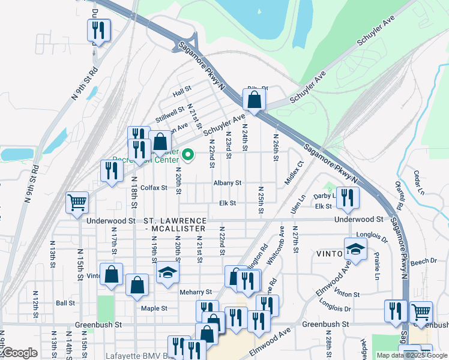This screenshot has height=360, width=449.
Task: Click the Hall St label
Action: click(x=181, y=94)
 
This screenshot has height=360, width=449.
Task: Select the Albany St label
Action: click(x=227, y=183)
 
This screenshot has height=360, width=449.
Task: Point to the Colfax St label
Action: click(x=154, y=188)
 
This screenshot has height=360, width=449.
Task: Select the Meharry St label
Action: click(x=196, y=292)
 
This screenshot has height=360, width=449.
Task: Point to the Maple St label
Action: click(x=154, y=308)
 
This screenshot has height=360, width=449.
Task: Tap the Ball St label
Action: click(x=65, y=304)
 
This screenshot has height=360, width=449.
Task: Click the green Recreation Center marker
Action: click(x=188, y=156)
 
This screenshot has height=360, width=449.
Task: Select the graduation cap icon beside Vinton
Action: click(x=355, y=248)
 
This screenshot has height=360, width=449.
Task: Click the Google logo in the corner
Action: click(x=19, y=353)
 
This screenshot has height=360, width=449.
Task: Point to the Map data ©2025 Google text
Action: click(x=412, y=355)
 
